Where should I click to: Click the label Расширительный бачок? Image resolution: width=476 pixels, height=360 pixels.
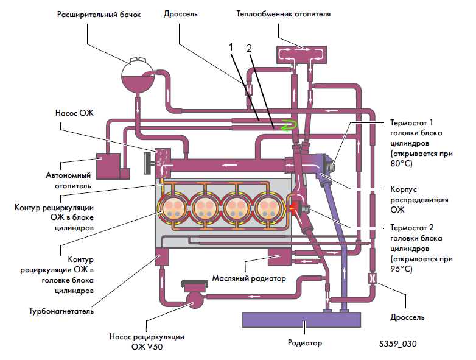(99, 15)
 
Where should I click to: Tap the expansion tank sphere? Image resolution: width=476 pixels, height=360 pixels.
(138, 76)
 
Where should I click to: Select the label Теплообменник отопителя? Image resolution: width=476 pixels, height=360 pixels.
(284, 14)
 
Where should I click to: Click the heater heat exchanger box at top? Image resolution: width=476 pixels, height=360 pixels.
(301, 55)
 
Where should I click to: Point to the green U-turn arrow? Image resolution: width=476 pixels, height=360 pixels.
(289, 125)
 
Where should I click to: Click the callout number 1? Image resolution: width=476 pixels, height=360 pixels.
(231, 48)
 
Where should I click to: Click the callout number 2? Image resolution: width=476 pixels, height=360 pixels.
(249, 48)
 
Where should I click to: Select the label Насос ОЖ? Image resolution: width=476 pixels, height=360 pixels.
(74, 113)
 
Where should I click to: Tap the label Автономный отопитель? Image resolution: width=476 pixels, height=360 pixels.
(69, 180)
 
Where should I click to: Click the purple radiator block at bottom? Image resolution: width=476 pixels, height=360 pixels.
(301, 320)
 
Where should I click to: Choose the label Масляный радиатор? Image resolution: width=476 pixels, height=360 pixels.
(249, 278)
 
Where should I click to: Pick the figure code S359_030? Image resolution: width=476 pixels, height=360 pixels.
(397, 344)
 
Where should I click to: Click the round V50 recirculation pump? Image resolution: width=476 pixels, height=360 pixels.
(194, 299)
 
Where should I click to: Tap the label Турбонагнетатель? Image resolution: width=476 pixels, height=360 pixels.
(61, 311)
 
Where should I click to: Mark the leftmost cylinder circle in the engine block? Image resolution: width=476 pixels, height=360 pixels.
(173, 208)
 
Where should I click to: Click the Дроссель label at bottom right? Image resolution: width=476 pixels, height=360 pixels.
(407, 318)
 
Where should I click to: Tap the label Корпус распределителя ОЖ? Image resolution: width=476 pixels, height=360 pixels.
(419, 200)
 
